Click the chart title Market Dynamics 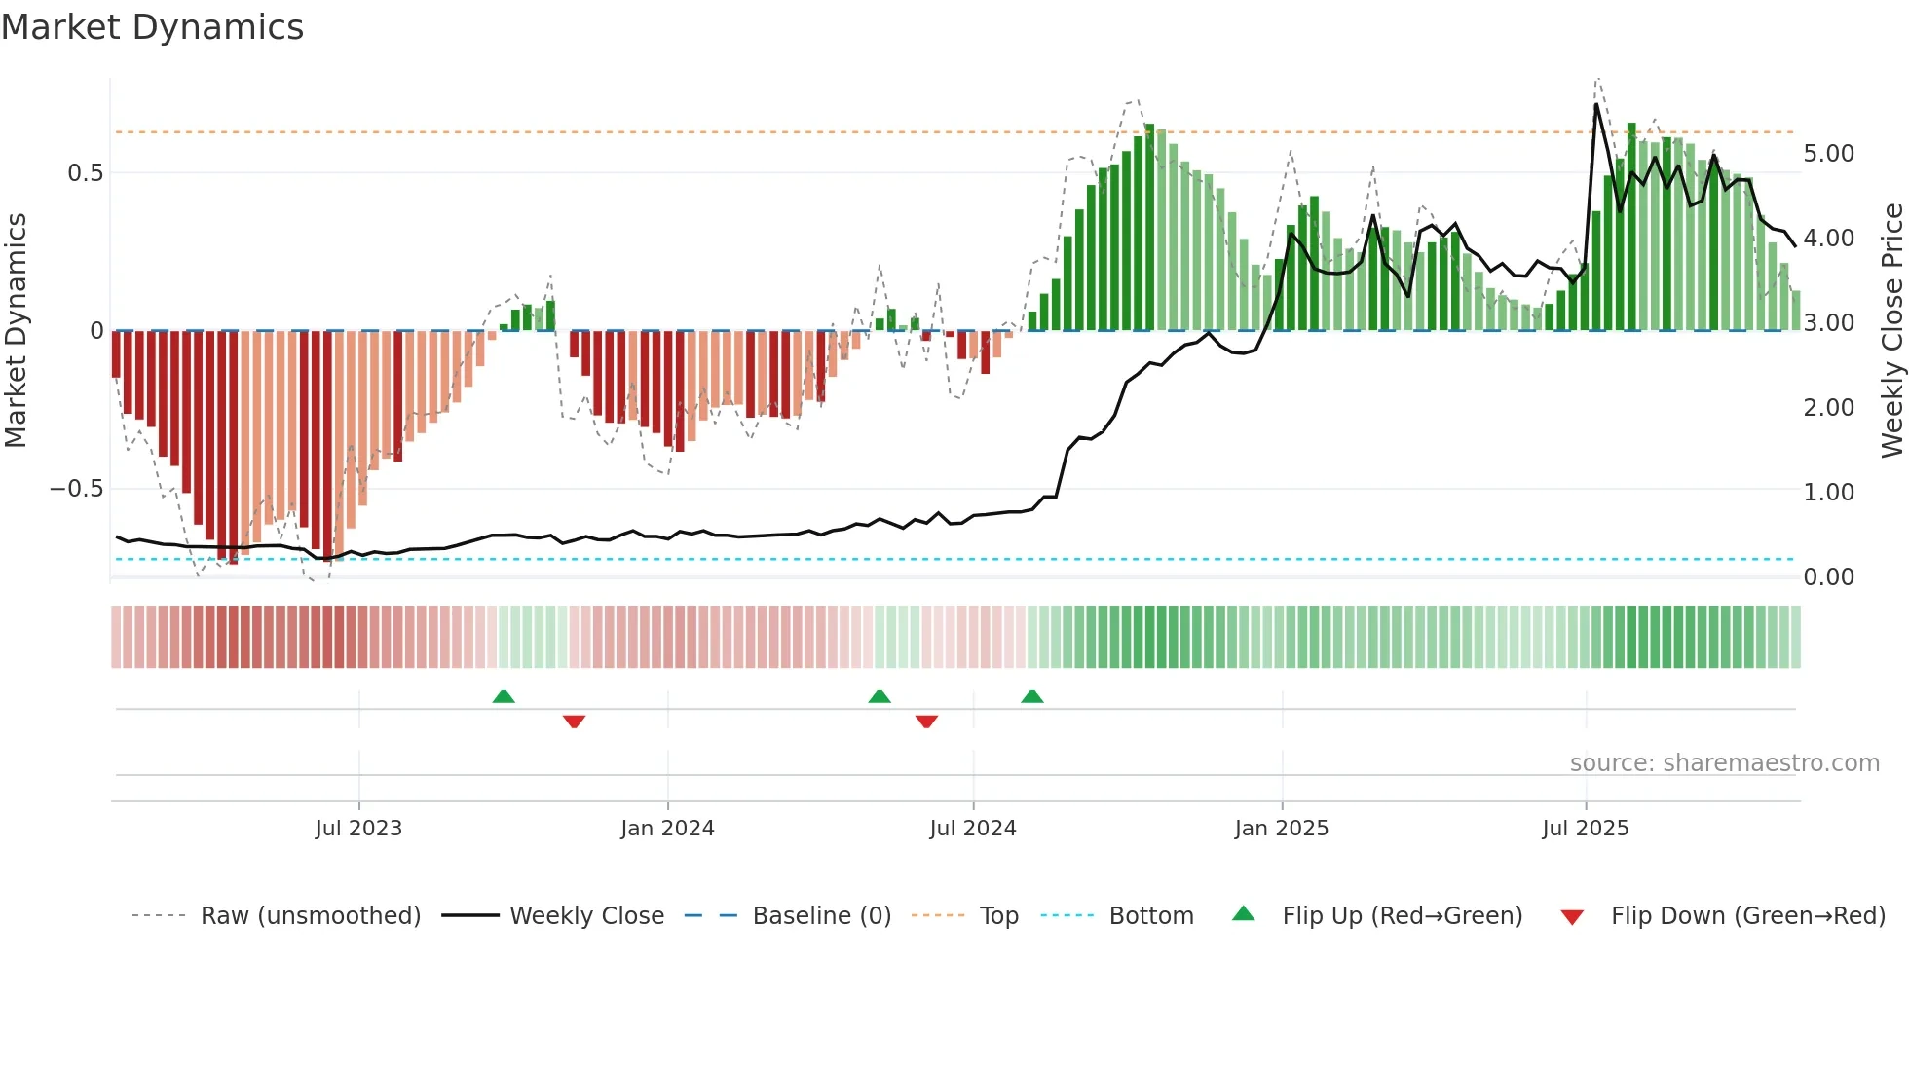coord(152,27)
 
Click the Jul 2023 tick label coord(358,829)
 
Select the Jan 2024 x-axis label coord(667,829)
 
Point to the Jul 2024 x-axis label coord(972,829)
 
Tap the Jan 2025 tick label coord(1281,829)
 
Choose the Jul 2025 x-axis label coord(1585,829)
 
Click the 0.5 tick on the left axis coord(85,173)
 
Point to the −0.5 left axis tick coord(76,489)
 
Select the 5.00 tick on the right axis coord(1828,154)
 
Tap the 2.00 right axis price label coord(1828,408)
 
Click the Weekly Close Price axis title coord(1891,331)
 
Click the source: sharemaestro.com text coord(1724,763)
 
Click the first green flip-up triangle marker coord(504,697)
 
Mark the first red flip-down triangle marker coord(574,721)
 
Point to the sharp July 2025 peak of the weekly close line coord(1596,104)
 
